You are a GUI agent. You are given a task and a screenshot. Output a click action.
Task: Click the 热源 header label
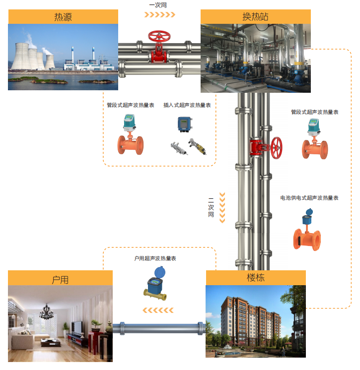(x=63, y=17)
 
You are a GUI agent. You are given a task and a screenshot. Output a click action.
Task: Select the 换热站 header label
(x=255, y=17)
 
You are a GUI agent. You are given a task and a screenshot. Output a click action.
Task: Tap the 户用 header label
(x=60, y=279)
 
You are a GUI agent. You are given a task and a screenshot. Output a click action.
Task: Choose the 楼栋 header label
(x=256, y=278)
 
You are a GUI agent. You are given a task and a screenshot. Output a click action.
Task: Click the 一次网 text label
(x=158, y=5)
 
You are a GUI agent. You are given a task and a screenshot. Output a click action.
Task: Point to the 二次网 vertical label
(x=211, y=208)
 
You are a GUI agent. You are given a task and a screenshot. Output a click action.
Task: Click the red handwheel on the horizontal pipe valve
(x=159, y=37)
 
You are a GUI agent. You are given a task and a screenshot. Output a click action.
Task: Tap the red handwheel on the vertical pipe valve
(x=276, y=146)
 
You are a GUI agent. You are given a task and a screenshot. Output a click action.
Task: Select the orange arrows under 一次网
(x=159, y=15)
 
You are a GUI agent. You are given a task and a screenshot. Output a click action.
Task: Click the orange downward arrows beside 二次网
(x=222, y=208)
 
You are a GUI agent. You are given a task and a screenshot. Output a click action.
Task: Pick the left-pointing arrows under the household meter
(x=158, y=311)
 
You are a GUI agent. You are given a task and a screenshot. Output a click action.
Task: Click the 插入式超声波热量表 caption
(x=187, y=105)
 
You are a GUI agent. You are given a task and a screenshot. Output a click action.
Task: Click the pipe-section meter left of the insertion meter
(x=130, y=135)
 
